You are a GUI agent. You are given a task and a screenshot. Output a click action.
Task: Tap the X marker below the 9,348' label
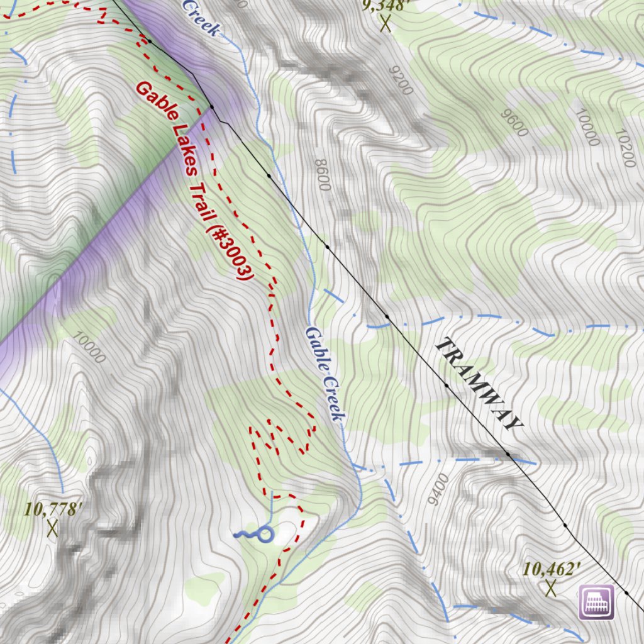(386, 25)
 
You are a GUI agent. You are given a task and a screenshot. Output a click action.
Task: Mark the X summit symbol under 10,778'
(52, 529)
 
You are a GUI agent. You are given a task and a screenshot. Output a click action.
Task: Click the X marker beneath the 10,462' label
(552, 589)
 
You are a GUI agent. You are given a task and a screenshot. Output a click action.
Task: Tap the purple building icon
(596, 602)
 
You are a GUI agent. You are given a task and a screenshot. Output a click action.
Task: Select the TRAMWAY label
(479, 384)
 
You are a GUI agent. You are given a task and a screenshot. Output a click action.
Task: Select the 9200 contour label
(401, 80)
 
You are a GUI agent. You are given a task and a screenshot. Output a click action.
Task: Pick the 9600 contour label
(515, 123)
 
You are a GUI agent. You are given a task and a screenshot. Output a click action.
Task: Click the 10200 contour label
(626, 148)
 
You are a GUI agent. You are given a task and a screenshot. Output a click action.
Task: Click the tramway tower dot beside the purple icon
(627, 592)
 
